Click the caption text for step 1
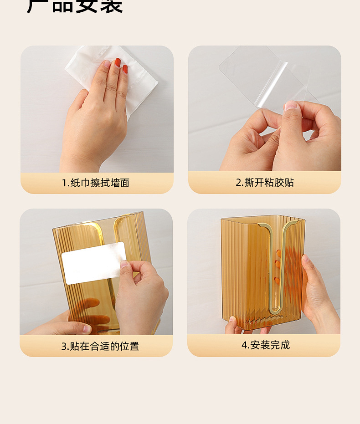pos(96,183)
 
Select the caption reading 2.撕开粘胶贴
pos(265,183)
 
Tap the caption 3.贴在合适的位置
pos(100,346)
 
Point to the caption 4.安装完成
pos(266,345)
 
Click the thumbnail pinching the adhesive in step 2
pos(290,106)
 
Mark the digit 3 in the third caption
pos(64,347)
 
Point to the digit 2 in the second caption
pos(238,183)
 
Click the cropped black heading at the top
pos(75,6)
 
